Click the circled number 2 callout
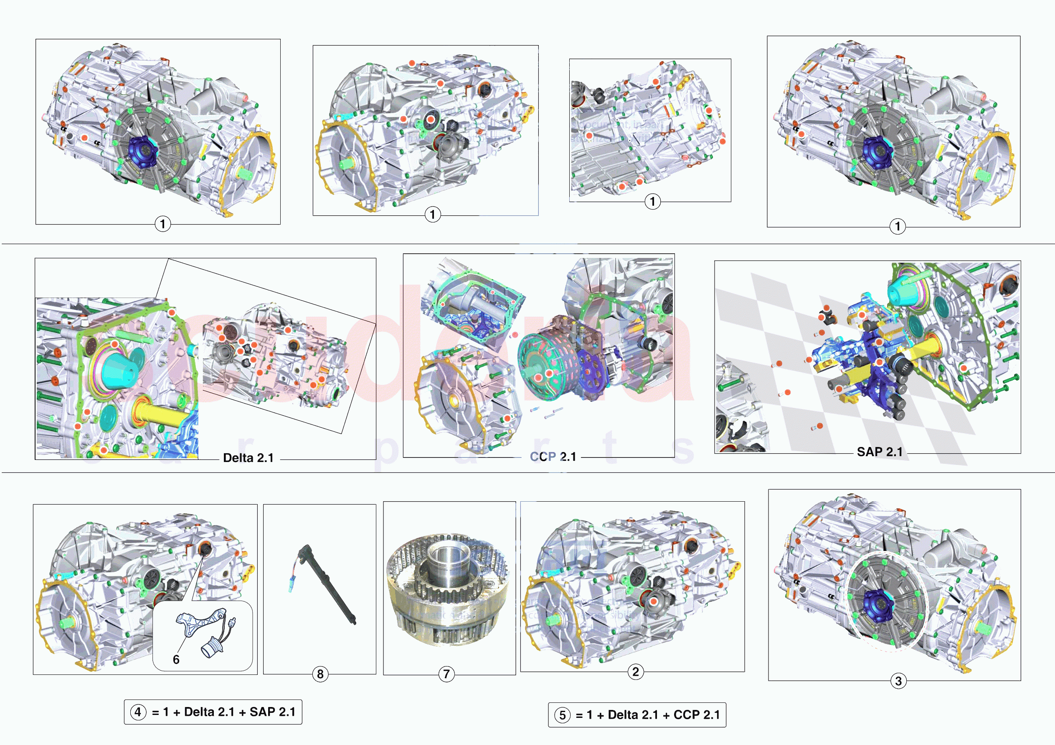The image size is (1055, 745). click(636, 672)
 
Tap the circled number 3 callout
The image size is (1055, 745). click(898, 681)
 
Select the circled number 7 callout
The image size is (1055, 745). click(446, 674)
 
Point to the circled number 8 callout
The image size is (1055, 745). click(320, 674)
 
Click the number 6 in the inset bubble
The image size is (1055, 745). click(176, 659)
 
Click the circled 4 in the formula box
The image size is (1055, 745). click(138, 712)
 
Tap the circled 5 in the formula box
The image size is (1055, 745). click(562, 715)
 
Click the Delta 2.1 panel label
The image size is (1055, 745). click(248, 458)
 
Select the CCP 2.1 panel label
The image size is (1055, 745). click(553, 457)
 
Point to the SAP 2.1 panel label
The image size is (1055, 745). click(880, 452)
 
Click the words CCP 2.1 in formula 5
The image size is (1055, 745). click(696, 715)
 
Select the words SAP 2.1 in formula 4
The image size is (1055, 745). click(272, 712)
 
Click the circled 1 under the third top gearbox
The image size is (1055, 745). click(652, 201)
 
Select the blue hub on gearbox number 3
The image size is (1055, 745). click(877, 606)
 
